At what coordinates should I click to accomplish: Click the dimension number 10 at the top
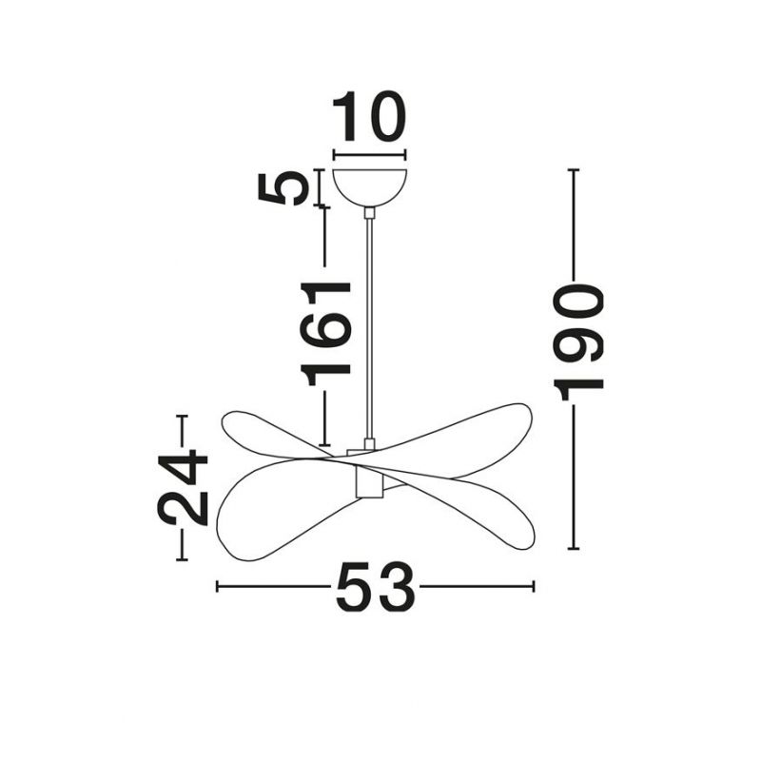click(x=369, y=116)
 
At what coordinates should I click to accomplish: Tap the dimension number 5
click(x=283, y=188)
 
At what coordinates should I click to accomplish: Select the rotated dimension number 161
click(x=325, y=333)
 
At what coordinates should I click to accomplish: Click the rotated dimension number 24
click(x=183, y=488)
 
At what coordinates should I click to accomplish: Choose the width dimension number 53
click(x=375, y=587)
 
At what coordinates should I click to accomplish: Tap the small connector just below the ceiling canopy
click(x=370, y=212)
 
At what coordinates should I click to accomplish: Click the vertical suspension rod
click(x=370, y=328)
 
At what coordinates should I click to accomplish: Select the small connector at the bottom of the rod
click(x=370, y=444)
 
